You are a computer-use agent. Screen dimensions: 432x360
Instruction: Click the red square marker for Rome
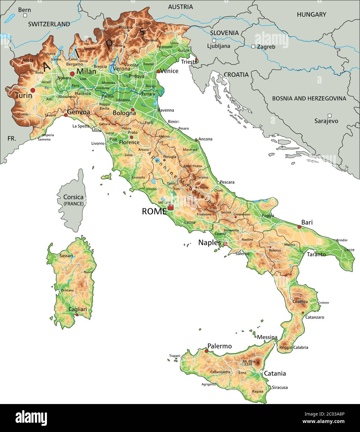click(170, 207)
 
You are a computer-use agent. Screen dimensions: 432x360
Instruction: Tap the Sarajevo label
click(326, 121)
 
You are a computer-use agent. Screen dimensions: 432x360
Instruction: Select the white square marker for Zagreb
click(253, 47)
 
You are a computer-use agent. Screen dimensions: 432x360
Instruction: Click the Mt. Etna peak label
click(249, 361)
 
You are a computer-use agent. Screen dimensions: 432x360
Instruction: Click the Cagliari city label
click(78, 309)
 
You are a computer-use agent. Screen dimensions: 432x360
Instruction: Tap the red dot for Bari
click(299, 227)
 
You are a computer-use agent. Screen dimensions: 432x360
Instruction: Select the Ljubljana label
click(219, 46)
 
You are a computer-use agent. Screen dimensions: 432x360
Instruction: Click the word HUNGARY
click(312, 14)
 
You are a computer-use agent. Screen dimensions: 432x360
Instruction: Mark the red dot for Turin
click(33, 90)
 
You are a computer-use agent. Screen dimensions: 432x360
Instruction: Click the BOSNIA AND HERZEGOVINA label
click(309, 99)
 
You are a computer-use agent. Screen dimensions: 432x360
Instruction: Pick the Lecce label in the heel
click(349, 250)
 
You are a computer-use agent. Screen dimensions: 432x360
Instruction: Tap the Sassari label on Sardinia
click(66, 256)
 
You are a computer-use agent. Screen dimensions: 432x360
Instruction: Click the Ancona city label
click(205, 139)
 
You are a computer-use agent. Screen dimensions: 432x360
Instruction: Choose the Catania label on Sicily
click(275, 373)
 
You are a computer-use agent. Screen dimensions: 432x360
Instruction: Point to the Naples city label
click(210, 242)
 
